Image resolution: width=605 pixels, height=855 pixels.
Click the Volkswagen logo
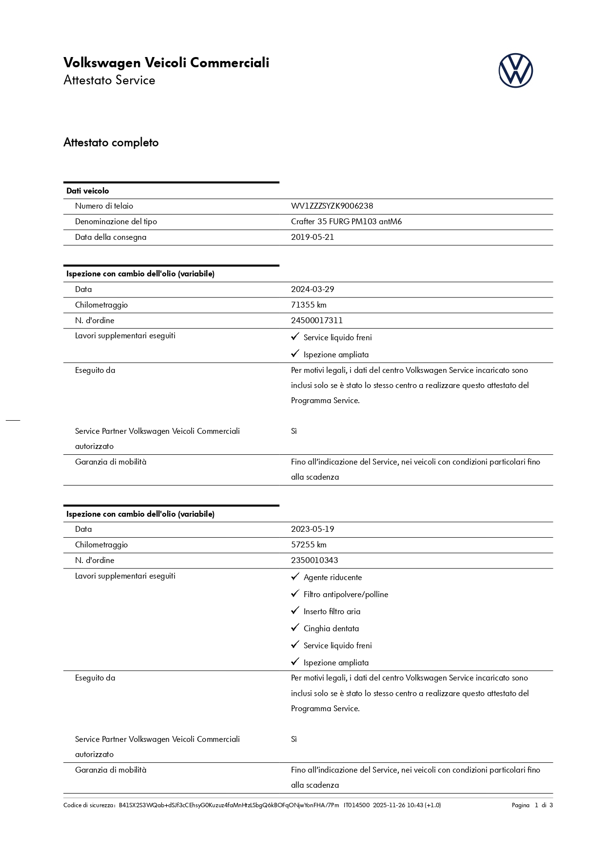pos(515,71)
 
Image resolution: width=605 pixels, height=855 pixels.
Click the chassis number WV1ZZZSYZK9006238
pos(332,206)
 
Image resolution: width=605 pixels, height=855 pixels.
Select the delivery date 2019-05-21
pos(312,237)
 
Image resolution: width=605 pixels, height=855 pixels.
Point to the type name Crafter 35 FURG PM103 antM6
pos(346,222)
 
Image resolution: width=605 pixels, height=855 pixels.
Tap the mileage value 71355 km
pos(309,305)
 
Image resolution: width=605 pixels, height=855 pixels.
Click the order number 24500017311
pos(317,321)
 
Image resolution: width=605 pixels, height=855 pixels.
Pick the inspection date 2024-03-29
pos(312,290)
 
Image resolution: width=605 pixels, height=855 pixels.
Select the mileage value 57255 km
pos(309,545)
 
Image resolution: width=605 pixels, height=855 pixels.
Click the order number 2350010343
pos(314,561)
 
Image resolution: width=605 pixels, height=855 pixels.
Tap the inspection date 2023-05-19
pos(312,529)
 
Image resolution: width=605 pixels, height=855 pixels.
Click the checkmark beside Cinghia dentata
pos(295,628)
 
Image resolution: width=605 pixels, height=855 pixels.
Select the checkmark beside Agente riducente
pos(295,577)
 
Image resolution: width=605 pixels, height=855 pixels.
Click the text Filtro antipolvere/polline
pos(346,595)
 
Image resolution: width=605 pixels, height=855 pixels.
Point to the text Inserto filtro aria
pos(332,612)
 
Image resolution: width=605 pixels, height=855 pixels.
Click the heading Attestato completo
pos(111,143)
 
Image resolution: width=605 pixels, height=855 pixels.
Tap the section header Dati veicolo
pos(88,191)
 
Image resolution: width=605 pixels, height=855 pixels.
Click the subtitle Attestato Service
pos(109,80)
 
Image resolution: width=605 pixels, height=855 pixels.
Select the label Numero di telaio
pos(104,206)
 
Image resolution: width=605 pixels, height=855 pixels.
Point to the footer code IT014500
pos(356,805)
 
